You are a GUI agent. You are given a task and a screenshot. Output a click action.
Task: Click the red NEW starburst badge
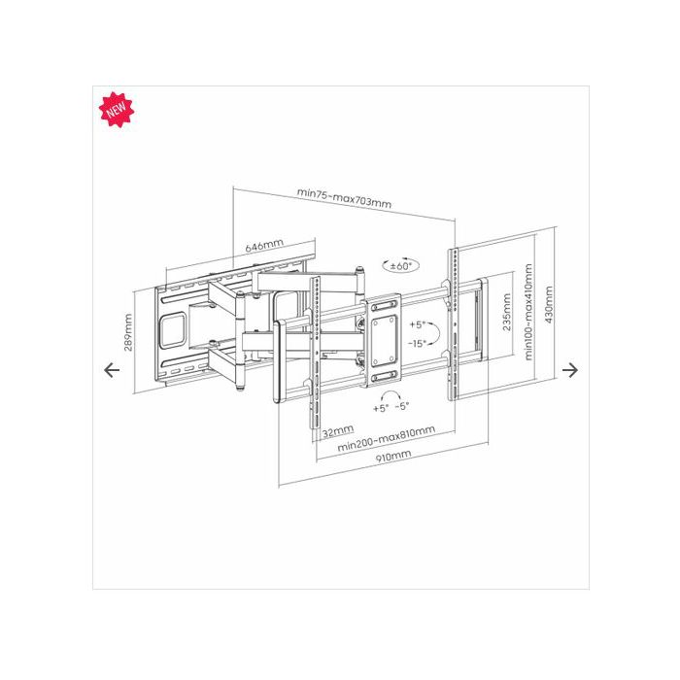117,109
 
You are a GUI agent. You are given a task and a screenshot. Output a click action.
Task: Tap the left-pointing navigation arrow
112,370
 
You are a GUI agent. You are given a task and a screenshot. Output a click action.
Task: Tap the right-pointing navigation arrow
570,370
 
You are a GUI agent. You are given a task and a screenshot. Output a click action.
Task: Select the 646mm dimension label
264,246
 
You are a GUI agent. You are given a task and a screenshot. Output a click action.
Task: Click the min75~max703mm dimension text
344,198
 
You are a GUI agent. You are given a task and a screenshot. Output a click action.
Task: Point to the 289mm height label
128,332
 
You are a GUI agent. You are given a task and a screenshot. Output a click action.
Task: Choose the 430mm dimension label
549,304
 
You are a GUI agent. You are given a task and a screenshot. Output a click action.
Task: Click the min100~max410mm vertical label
527,312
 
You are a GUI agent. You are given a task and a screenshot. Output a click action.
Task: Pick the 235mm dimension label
506,312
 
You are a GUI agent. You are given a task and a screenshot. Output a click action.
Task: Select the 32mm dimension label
338,431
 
